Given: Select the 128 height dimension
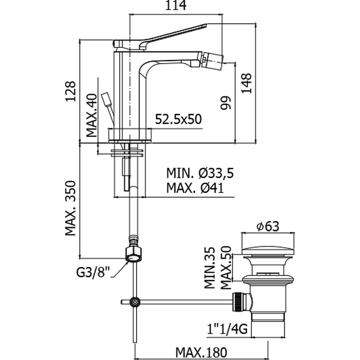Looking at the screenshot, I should click(x=71, y=91).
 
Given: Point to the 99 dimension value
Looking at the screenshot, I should click(x=227, y=103).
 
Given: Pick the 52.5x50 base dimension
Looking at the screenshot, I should click(x=178, y=119).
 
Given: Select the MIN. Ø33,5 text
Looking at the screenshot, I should click(x=200, y=173).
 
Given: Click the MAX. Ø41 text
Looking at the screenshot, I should click(x=195, y=188).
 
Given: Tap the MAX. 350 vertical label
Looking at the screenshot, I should click(x=71, y=208).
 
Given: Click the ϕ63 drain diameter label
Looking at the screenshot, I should click(x=268, y=227).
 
